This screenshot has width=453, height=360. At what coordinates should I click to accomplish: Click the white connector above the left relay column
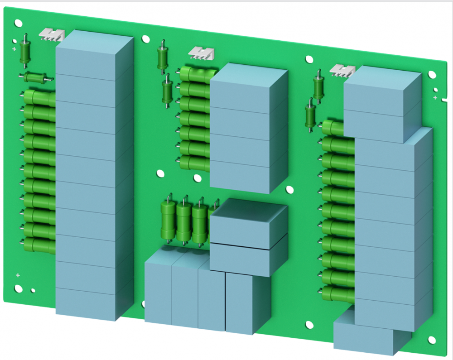(52, 34)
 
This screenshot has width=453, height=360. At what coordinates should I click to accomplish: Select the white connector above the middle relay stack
(201, 53)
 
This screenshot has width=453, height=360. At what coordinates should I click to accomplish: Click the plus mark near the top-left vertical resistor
(14, 48)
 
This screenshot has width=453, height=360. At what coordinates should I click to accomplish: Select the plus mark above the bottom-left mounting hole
(18, 275)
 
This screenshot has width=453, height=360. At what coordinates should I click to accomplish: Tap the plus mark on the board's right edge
(435, 98)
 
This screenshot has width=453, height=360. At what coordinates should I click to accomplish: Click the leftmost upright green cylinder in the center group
(169, 222)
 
